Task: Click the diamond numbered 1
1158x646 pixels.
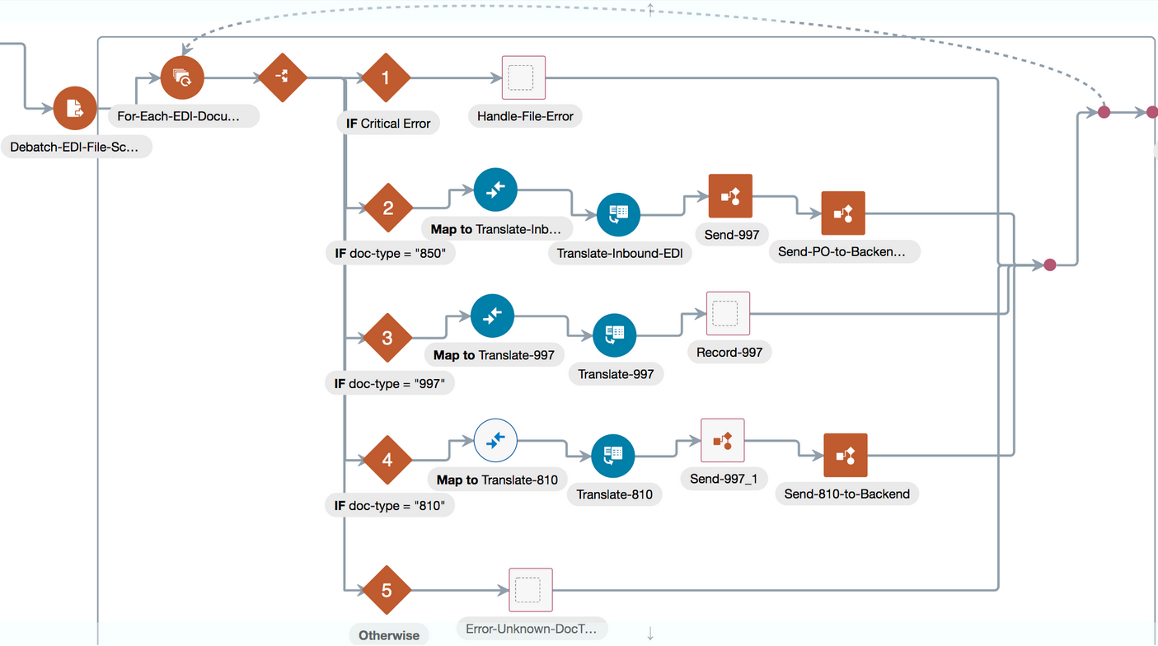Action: pyautogui.click(x=386, y=78)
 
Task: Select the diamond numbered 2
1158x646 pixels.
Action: pyautogui.click(x=388, y=208)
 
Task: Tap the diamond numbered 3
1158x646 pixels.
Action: pyautogui.click(x=387, y=338)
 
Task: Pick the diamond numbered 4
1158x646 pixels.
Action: pyautogui.click(x=387, y=460)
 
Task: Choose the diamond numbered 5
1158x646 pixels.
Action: pyautogui.click(x=387, y=590)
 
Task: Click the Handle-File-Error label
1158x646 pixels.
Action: pyautogui.click(x=525, y=116)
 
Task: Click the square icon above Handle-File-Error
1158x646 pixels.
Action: pyautogui.click(x=523, y=77)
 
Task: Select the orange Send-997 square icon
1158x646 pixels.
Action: pyautogui.click(x=730, y=196)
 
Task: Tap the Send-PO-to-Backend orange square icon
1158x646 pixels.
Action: pyautogui.click(x=843, y=213)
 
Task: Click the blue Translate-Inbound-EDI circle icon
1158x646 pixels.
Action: pyautogui.click(x=618, y=214)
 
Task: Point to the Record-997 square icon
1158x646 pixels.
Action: pyautogui.click(x=728, y=313)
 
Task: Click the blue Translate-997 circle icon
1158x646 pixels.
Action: pyautogui.click(x=614, y=335)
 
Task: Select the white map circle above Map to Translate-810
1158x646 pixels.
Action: pyautogui.click(x=496, y=440)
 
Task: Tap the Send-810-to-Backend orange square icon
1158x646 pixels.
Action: pyautogui.click(x=846, y=456)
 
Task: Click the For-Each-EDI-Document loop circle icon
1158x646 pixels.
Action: pyautogui.click(x=182, y=77)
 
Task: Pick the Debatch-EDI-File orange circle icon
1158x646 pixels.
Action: pyautogui.click(x=75, y=108)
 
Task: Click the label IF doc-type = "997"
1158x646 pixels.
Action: pyautogui.click(x=390, y=384)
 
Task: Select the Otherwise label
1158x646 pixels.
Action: pyautogui.click(x=389, y=635)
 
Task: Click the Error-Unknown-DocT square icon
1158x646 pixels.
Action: pyautogui.click(x=531, y=590)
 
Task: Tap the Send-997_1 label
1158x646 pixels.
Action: pyautogui.click(x=724, y=479)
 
